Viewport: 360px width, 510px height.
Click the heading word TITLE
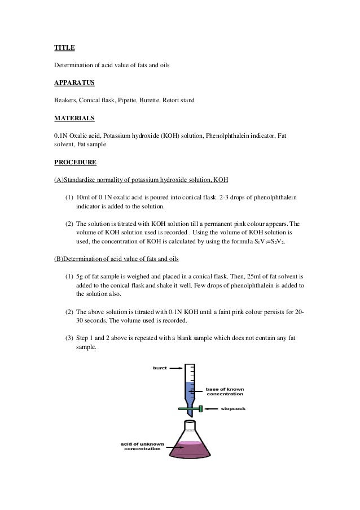click(64, 47)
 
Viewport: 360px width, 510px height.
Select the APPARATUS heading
click(74, 83)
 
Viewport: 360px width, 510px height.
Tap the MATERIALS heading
click(74, 119)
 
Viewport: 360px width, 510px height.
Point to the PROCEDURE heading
click(75, 163)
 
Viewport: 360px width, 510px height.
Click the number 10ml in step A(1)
click(84, 198)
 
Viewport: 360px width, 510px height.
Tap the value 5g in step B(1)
click(80, 277)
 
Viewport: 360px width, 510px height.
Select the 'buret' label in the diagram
click(160, 368)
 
